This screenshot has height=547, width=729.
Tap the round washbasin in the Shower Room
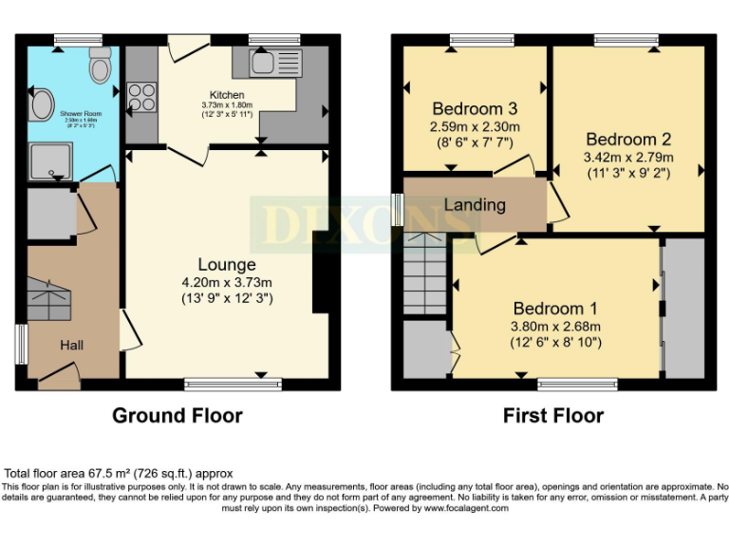pos(41,106)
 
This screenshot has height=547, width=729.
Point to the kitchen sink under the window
pos(274,64)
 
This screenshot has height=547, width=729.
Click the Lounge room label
pos(227,264)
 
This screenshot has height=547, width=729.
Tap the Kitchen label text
pos(227,95)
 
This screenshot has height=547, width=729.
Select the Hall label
pos(72,346)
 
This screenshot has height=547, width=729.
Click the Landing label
pos(475,204)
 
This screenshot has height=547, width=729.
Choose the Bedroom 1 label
pos(555,309)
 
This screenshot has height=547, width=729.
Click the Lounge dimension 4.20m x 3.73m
pos(227,282)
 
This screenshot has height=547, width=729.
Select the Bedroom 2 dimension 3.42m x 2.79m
pos(627,157)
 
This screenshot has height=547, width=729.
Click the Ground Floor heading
pos(177,415)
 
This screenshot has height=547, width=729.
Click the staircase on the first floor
pos(424,275)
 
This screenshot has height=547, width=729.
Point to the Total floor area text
pos(119,473)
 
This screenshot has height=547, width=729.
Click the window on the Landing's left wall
pos(397,210)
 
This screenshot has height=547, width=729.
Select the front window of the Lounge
pos(234,385)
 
